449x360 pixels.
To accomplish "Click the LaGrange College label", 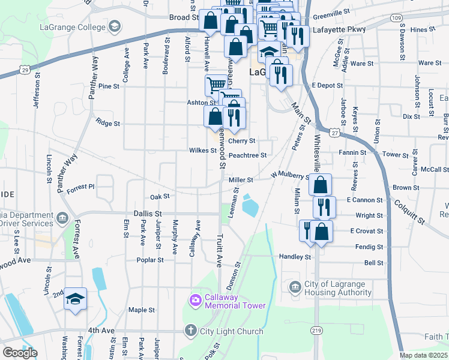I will point(71,27).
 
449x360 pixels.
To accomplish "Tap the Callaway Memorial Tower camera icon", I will point(195,300).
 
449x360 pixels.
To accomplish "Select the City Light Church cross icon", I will point(190,331).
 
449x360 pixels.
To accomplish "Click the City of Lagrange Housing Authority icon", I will point(294,287).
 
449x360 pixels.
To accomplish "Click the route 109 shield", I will point(396,18).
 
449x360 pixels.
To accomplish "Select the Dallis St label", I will point(148,213).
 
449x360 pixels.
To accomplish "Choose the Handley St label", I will point(294,256).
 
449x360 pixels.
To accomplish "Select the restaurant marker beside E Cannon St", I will point(324,207).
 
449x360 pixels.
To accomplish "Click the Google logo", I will point(20,353).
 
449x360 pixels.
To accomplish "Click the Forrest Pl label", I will point(80,187).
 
